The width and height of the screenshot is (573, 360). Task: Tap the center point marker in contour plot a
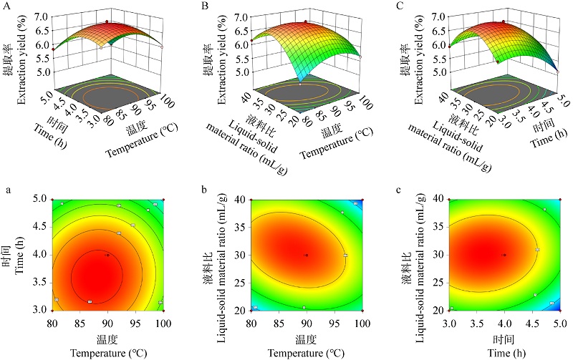[107, 255]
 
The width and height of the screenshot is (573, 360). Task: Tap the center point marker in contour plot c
[504, 255]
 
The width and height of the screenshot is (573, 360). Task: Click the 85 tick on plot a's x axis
[81, 318]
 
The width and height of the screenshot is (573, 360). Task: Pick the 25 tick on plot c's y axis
[439, 282]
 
